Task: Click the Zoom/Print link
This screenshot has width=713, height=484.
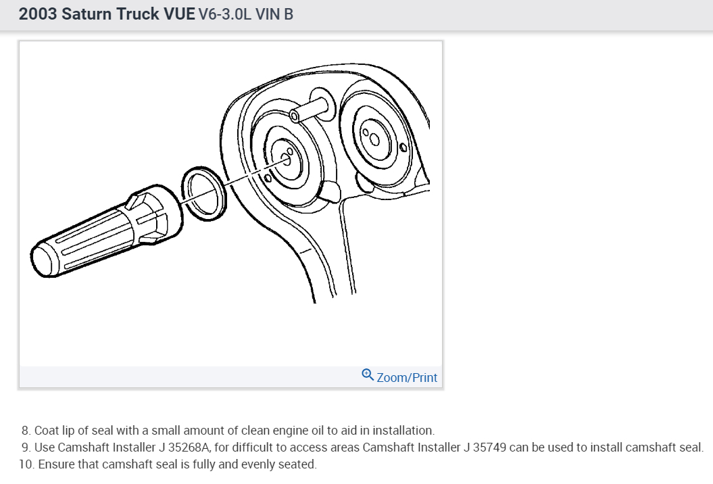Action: click(407, 378)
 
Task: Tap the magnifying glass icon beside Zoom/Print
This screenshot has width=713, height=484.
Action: click(368, 374)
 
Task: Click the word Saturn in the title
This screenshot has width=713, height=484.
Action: click(87, 14)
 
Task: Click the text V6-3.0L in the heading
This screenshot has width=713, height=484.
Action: click(224, 14)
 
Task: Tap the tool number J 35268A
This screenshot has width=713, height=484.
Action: click(184, 447)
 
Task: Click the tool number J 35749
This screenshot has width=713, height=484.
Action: click(485, 447)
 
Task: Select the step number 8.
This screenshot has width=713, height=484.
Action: click(26, 431)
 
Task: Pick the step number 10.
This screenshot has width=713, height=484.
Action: click(27, 464)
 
